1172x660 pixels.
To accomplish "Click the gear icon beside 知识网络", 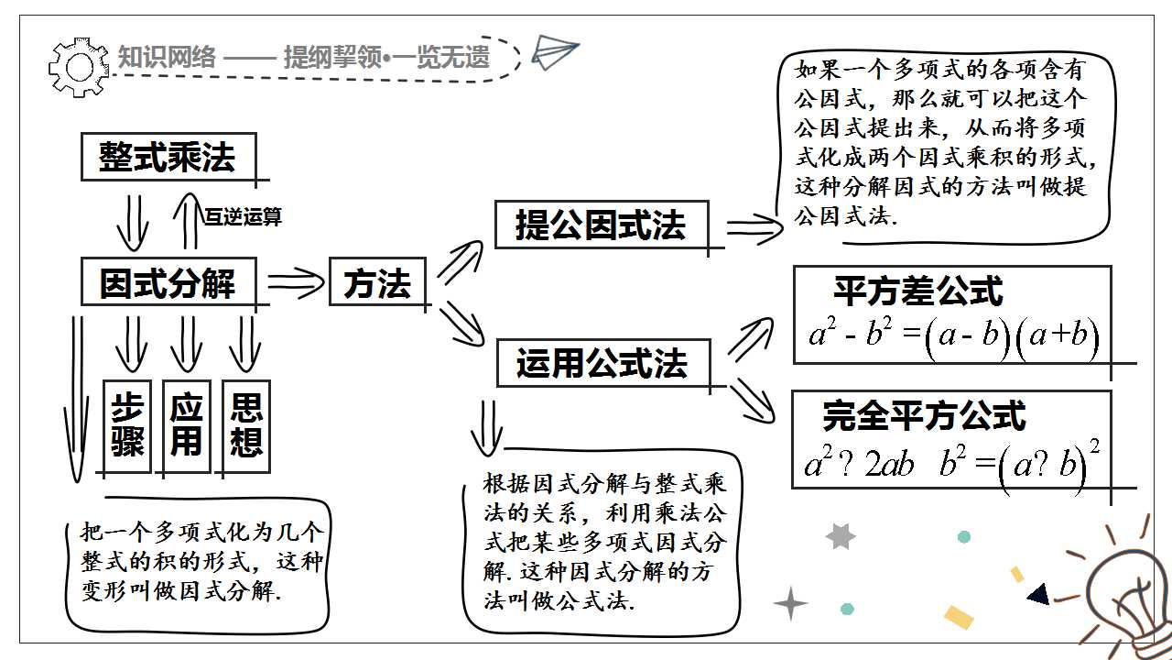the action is click(79, 67).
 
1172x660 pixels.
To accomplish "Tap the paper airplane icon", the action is click(555, 51).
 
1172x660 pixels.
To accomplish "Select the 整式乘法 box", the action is click(168, 157).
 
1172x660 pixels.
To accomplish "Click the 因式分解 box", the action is click(168, 281).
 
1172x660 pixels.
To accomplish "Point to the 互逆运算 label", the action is click(243, 216).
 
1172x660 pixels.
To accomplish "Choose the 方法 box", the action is click(377, 281).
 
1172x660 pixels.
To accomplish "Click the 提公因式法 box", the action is click(602, 225).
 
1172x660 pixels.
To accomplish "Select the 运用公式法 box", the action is click(603, 363).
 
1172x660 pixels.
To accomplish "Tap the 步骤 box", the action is click(127, 426).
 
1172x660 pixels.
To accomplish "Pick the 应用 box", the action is click(187, 426).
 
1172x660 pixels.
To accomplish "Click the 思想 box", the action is click(246, 426).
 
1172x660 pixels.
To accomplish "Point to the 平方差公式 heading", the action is click(918, 291).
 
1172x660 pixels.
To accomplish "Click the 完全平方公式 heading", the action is click(924, 416).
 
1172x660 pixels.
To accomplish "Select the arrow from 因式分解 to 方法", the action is click(296, 283).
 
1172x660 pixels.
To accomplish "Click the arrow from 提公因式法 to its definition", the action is click(754, 229).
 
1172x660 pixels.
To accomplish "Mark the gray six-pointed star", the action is click(841, 536).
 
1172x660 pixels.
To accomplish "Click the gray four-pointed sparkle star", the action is click(790, 603).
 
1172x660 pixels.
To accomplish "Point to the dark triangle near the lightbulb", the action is click(1039, 594).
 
